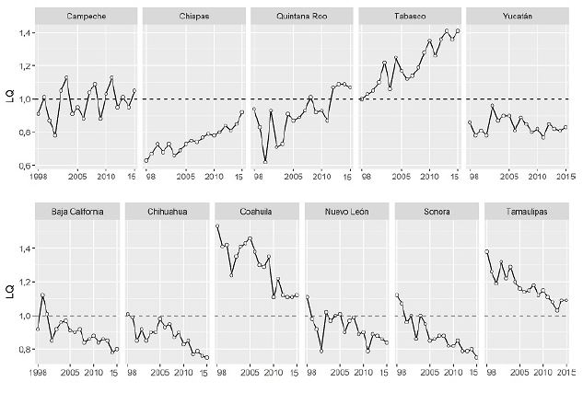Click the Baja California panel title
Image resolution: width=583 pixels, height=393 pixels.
(77, 212)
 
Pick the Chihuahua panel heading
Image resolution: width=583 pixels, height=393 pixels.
(167, 212)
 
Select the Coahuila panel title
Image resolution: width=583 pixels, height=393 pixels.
(257, 212)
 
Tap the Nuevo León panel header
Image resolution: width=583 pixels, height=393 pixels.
(346, 212)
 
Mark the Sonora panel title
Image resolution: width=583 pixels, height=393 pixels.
(436, 212)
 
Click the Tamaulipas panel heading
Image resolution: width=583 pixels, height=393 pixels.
(526, 212)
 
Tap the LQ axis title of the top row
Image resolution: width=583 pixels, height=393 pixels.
(8, 98)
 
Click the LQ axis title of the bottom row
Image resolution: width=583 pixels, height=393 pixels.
(8, 292)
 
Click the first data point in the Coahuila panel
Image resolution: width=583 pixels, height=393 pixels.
(217, 226)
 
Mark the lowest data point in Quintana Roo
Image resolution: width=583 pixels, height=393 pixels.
(265, 161)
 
